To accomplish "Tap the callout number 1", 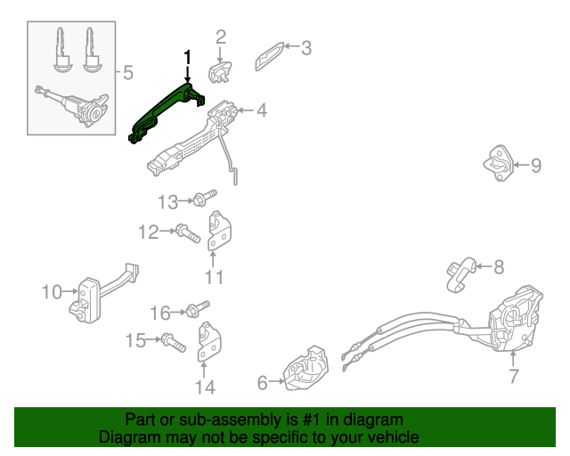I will pyautogui.click(x=187, y=58).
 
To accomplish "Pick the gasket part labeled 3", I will pyautogui.click(x=271, y=54).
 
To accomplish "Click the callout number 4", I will pyautogui.click(x=261, y=111).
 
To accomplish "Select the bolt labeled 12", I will pyautogui.click(x=186, y=234).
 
